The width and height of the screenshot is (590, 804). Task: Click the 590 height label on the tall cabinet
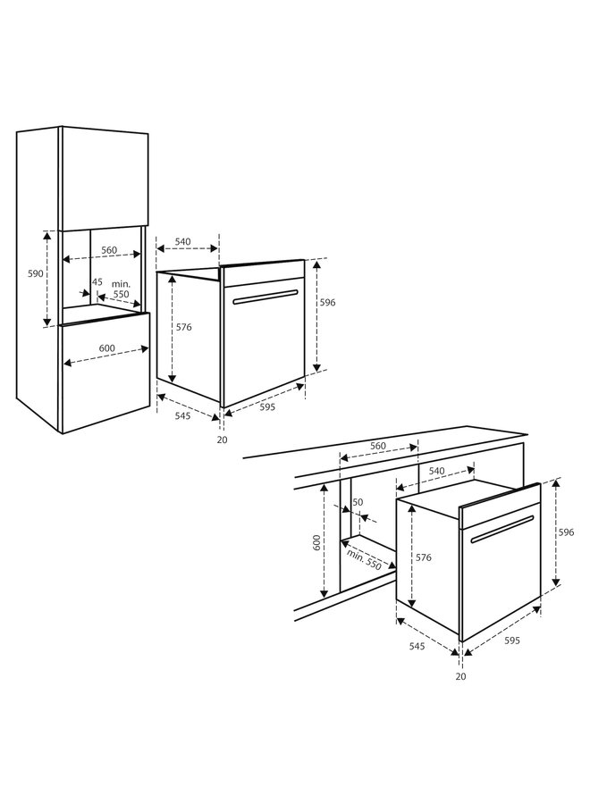pos(35,274)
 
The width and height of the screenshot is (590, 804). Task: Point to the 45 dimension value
pos(97,282)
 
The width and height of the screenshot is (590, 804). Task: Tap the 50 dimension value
pos(358,503)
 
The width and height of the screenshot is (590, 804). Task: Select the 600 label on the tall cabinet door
pos(107,348)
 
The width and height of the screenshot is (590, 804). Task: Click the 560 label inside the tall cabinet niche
pos(109,251)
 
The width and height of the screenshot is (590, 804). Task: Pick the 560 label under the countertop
pos(378,446)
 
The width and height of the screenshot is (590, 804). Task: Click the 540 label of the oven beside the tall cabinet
pos(183,241)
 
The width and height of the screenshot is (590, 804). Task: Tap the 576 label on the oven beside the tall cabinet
pos(184,328)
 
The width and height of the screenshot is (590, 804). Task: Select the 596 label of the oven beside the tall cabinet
pos(328,303)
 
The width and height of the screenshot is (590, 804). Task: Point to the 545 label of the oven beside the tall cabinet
pos(181,416)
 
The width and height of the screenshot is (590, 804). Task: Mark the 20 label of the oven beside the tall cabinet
pos(221,439)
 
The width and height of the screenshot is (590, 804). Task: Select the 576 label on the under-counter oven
pos(424,557)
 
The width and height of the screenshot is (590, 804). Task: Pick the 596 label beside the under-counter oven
pos(567,532)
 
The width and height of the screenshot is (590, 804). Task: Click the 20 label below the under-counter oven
pos(459,676)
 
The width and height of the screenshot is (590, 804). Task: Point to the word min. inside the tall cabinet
pos(121,282)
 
